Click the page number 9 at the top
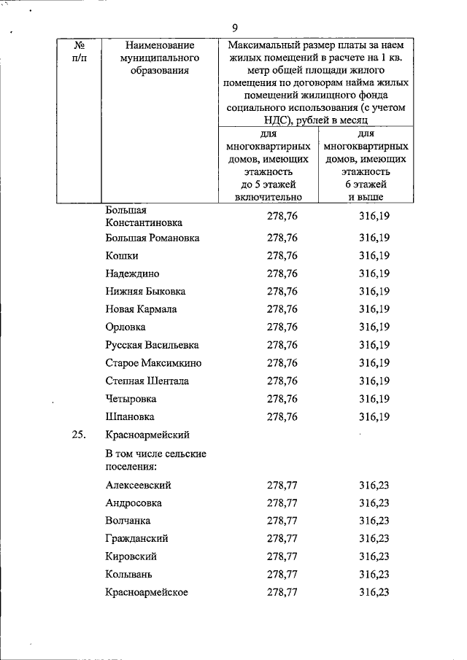(x=234, y=28)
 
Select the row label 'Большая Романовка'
(x=152, y=238)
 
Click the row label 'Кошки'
(x=121, y=256)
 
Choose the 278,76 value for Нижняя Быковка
(x=282, y=291)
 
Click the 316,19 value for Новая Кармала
(x=374, y=309)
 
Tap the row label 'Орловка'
(x=126, y=327)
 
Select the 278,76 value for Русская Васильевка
(x=282, y=345)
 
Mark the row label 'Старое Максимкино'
(x=153, y=363)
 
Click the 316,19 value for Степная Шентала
(x=374, y=381)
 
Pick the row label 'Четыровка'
(x=131, y=399)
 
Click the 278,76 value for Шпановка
(x=282, y=416)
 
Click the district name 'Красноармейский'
(x=147, y=435)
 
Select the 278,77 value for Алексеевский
(x=282, y=485)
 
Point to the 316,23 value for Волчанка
(x=374, y=521)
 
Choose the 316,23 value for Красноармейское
(x=374, y=592)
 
